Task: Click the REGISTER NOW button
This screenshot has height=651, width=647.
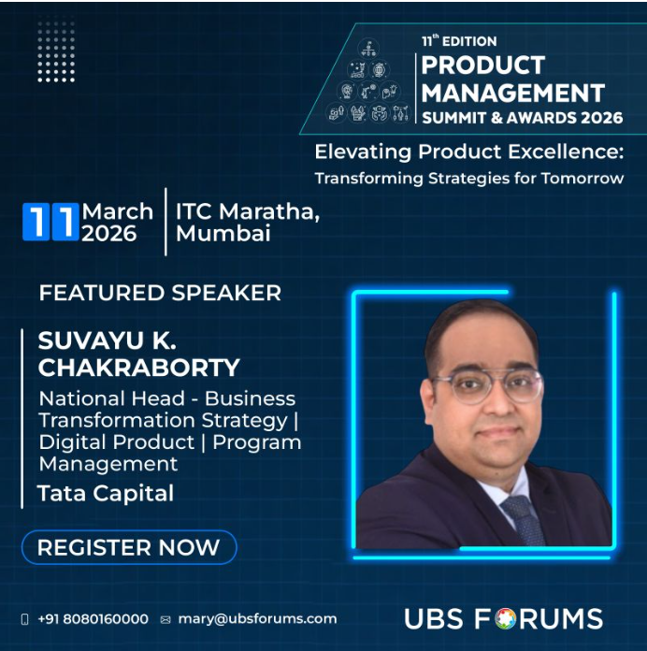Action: point(128,547)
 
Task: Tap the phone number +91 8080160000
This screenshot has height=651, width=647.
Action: point(93,619)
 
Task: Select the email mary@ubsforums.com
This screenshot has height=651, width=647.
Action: point(256,619)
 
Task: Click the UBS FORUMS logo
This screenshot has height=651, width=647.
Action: point(503,618)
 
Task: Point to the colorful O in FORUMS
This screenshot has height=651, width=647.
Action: point(505,618)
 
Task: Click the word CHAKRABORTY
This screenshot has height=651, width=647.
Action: point(138,367)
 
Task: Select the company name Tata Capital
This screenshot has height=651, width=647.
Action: point(106,493)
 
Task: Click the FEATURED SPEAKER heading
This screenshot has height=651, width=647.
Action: point(160,293)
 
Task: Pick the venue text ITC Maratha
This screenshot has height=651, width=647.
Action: point(247,211)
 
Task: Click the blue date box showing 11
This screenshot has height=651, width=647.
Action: point(50,223)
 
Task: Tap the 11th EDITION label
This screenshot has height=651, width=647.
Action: point(458,41)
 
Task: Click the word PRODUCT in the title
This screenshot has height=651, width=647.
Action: point(482,66)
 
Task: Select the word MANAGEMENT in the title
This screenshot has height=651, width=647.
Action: point(512,93)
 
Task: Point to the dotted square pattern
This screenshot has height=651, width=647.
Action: point(56,51)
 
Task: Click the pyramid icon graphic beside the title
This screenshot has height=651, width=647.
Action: point(368,84)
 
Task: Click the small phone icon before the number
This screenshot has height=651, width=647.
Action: point(25,619)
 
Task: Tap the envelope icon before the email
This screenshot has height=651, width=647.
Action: point(165,619)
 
